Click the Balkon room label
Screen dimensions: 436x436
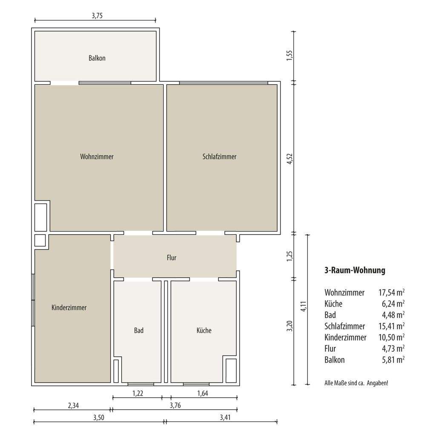(x=97, y=58)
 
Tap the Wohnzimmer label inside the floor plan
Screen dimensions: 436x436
(x=97, y=157)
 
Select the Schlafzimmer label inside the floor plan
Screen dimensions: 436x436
(x=219, y=157)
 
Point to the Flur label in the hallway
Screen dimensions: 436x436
(x=172, y=258)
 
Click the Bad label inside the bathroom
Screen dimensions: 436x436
(x=139, y=330)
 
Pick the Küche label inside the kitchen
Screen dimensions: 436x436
(x=204, y=330)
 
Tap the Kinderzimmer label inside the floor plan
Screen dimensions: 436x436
(x=69, y=307)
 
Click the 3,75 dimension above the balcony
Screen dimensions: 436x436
(x=98, y=16)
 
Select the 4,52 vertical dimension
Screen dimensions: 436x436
(x=290, y=159)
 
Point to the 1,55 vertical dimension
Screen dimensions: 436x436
(x=290, y=56)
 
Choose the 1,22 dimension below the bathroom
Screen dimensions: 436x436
(x=138, y=393)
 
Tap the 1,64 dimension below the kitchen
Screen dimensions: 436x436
(x=203, y=393)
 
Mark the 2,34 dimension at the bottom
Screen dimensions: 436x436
(x=73, y=406)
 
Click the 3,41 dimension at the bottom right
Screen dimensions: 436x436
(x=225, y=418)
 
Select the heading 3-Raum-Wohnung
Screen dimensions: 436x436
(x=355, y=270)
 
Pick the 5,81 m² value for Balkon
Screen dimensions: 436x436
(x=393, y=360)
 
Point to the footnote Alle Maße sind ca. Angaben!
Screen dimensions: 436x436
(x=356, y=383)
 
